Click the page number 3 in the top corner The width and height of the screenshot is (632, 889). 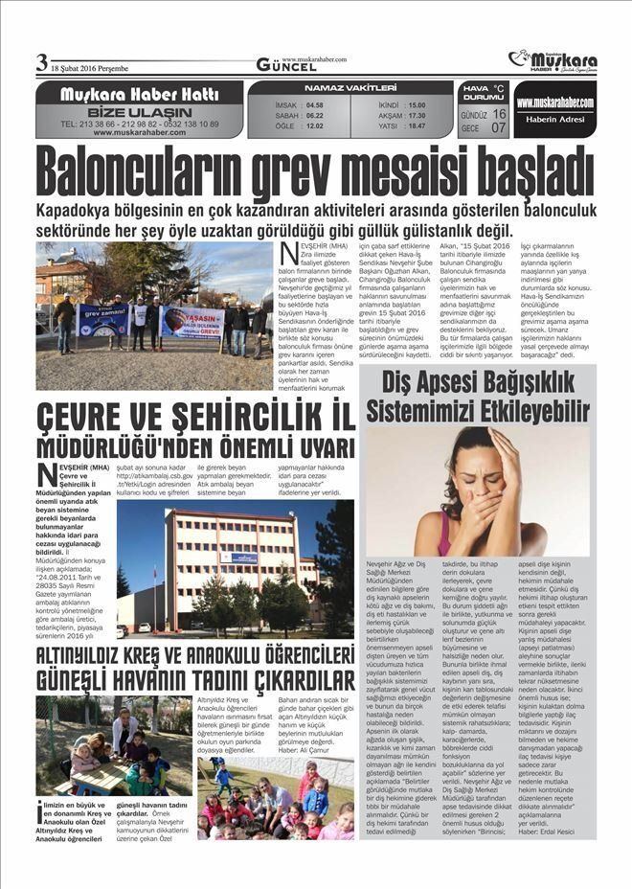(x=41, y=62)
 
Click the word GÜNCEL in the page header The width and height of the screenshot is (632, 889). (x=285, y=66)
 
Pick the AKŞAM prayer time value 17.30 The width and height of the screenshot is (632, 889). (x=417, y=114)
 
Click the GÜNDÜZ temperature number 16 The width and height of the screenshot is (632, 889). (x=500, y=113)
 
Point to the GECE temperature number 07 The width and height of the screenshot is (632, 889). (x=500, y=126)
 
